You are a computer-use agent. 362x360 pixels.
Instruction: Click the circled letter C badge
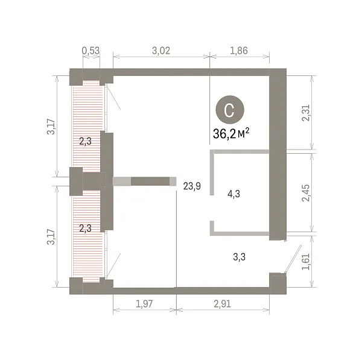230,110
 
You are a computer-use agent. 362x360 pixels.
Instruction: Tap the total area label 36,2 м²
231,134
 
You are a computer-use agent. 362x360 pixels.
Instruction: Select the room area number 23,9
192,186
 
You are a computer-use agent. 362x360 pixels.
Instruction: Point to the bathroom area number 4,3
233,194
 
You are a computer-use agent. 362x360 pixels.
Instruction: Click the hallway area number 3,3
239,257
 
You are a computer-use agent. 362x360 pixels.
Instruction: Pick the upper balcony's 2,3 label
86,141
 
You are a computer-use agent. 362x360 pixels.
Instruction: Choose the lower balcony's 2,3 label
86,228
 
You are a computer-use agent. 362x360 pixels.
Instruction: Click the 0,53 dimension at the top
91,51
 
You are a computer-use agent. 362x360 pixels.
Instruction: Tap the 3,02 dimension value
161,51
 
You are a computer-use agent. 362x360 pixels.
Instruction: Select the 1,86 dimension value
239,51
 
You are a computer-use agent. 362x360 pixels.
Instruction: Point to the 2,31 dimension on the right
306,113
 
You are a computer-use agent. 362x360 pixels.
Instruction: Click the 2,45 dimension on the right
306,193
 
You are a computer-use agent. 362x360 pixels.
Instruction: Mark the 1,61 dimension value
306,262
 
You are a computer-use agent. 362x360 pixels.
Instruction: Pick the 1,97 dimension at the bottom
144,304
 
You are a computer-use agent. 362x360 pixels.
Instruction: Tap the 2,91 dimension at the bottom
222,304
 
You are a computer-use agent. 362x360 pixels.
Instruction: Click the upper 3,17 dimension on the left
51,127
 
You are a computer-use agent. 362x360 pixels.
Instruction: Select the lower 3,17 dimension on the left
51,237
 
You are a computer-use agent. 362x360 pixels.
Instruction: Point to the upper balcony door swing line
113,97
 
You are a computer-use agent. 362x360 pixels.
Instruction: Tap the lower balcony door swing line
113,265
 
